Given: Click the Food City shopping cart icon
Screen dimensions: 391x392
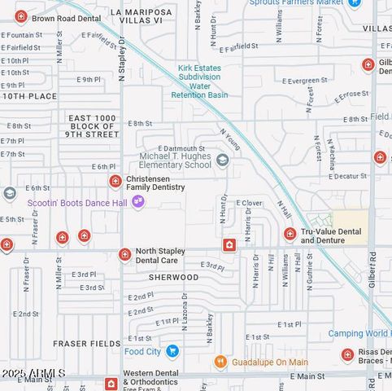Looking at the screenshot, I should (172, 351).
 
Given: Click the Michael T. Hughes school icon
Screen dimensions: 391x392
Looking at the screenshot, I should (222, 160).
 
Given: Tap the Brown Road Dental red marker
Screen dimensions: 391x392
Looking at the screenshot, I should (21, 16).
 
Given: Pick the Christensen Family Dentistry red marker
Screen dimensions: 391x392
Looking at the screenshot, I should (115, 181).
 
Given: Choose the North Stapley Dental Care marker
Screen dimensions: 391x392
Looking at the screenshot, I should (124, 255).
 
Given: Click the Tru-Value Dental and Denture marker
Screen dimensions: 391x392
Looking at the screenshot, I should (290, 235).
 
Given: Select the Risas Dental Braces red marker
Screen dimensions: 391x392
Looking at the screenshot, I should (347, 355).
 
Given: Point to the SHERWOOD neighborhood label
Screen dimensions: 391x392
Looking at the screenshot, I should (174, 278).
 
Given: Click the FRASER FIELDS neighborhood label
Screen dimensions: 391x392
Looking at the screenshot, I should (86, 344).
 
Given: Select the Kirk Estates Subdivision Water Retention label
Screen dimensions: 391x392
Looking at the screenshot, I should (199, 81).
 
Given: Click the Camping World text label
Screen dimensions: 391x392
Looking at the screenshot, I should (359, 334).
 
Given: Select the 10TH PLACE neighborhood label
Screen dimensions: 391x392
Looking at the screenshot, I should (29, 96).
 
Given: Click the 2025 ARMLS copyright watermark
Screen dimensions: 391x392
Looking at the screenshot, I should (33, 373).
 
